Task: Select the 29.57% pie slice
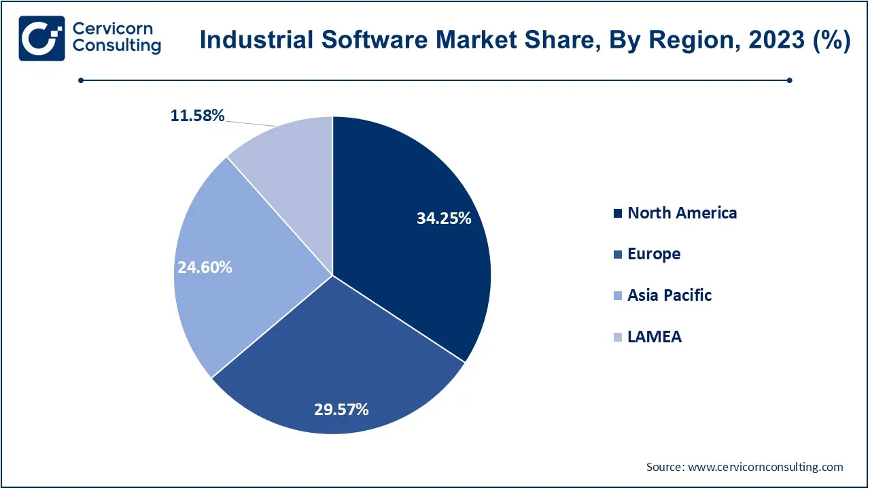[340, 367]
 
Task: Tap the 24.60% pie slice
[224, 272]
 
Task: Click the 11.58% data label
[197, 116]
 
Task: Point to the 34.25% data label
[444, 218]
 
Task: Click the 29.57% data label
[341, 410]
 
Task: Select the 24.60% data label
[205, 267]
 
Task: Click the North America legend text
[682, 213]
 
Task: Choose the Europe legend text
[654, 254]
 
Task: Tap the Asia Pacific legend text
[669, 295]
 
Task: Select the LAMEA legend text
[655, 336]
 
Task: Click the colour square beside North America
[617, 214]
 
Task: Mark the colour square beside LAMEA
[617, 337]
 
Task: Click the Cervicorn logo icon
[42, 38]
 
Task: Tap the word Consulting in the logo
[117, 46]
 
